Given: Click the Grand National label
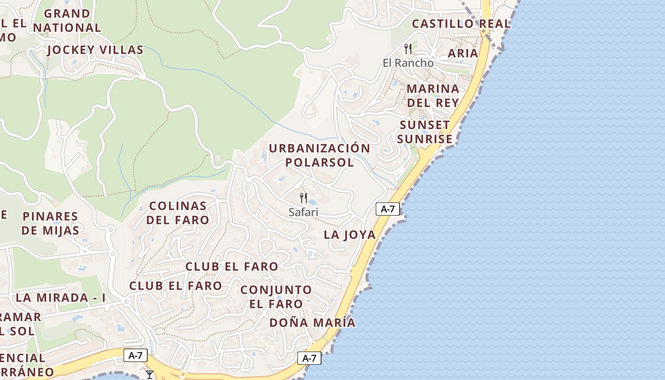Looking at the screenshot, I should [x=67, y=20].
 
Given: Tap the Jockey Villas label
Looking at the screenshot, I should [x=95, y=50].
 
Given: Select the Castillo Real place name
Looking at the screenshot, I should [x=461, y=24].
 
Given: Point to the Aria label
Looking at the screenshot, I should [x=463, y=53].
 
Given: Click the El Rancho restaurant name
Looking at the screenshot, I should [x=408, y=63].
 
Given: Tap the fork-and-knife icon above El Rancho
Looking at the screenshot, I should [x=408, y=48].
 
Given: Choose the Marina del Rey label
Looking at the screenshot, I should [x=433, y=95].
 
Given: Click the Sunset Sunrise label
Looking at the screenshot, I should [x=425, y=132].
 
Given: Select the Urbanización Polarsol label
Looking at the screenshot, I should [x=320, y=155].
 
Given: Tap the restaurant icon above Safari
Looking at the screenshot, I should [x=304, y=198].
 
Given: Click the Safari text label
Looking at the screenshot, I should [x=304, y=212].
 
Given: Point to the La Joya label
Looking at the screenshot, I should [x=350, y=235].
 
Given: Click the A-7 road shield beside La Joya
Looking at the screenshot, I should [x=388, y=209].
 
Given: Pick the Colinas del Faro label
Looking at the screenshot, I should [x=178, y=213].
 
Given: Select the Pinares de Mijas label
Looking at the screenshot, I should [x=50, y=223].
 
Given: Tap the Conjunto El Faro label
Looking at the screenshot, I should [x=276, y=296].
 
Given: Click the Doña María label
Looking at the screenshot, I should [x=312, y=323].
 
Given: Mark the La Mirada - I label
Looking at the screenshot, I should [x=61, y=298].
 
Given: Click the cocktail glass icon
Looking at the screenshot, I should [x=150, y=375].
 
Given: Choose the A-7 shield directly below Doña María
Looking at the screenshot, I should [x=309, y=358].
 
